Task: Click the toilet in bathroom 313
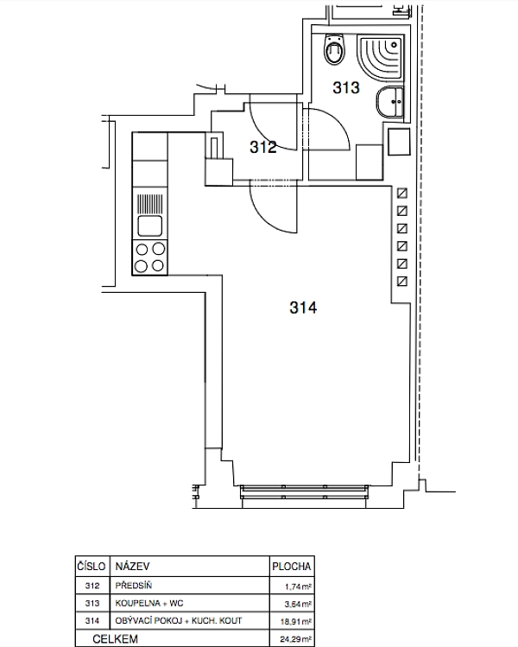point(334,48)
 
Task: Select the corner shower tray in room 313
point(380,57)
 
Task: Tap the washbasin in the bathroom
point(389,102)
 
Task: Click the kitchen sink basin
point(149,225)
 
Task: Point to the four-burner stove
point(149,257)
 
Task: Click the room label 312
point(263,147)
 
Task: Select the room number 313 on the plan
point(346,87)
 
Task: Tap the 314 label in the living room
point(303,308)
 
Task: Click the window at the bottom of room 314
point(304,492)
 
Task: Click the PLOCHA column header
point(291,567)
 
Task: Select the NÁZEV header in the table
point(132,566)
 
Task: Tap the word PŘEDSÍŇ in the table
point(134,586)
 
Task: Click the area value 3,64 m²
point(298,605)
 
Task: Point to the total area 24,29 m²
point(296,639)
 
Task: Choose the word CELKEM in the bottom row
point(115,639)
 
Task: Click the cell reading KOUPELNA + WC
point(148,603)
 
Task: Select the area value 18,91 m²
point(296,622)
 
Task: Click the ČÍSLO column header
point(92,566)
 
